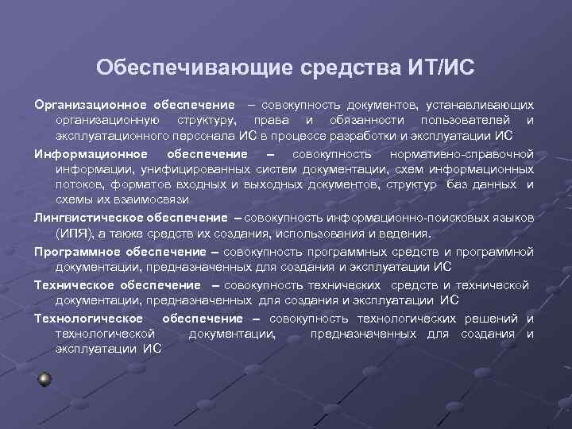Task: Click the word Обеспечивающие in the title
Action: click(x=195, y=67)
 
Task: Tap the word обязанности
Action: click(x=360, y=120)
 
